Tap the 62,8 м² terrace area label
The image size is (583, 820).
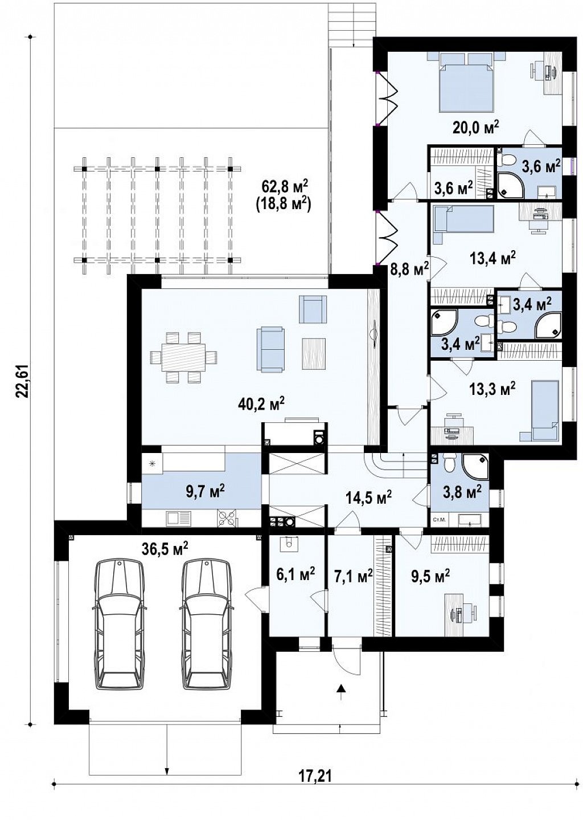(285, 187)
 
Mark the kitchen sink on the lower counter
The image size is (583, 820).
(178, 517)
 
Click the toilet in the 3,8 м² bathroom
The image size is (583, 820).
(449, 464)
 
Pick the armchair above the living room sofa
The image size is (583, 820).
(313, 309)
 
